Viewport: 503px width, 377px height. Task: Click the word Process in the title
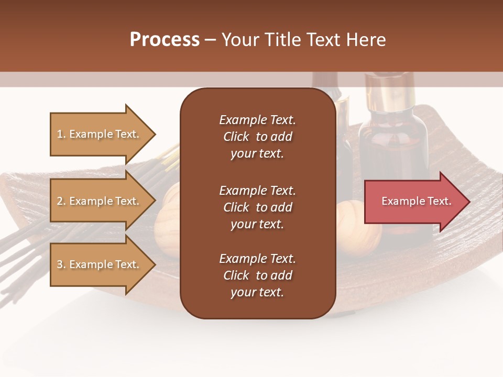pyautogui.click(x=165, y=40)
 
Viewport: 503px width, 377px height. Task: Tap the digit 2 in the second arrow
pyautogui.click(x=59, y=201)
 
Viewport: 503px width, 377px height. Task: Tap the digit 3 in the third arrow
pyautogui.click(x=59, y=264)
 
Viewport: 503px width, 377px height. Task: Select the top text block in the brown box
pyautogui.click(x=257, y=137)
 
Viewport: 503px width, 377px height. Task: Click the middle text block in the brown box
pyautogui.click(x=257, y=207)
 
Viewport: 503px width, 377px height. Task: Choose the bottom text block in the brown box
pyautogui.click(x=257, y=275)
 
